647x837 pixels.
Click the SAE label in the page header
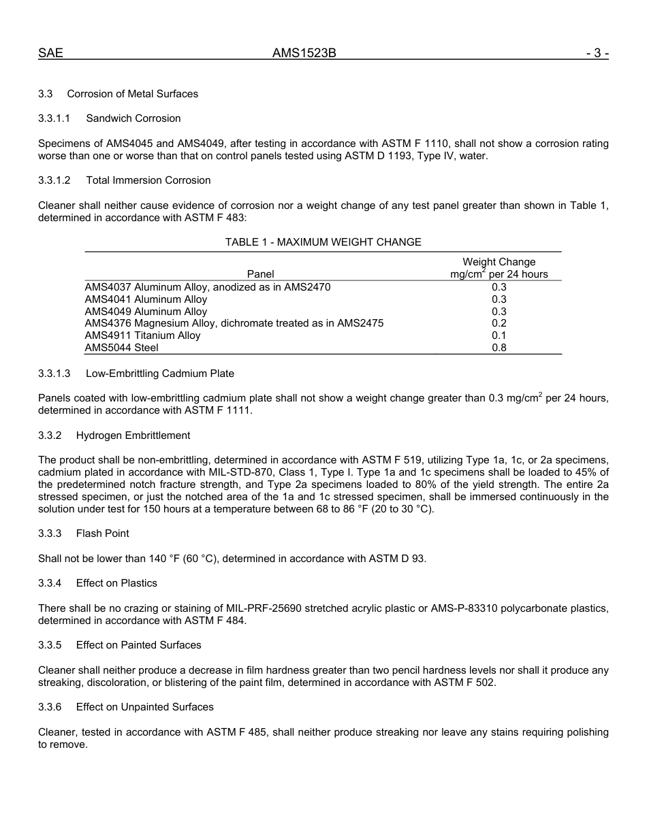coord(50,53)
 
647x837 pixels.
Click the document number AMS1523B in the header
coord(304,53)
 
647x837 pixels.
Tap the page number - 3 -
coord(597,53)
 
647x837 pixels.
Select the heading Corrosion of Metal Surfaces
coord(132,94)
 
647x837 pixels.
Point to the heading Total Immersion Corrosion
coord(148,180)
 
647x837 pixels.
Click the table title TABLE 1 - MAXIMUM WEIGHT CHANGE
coord(323,242)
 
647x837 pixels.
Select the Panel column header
coord(260,274)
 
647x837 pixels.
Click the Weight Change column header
coord(499,262)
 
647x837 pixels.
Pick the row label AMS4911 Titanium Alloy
coord(142,335)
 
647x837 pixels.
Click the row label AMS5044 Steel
coord(121,348)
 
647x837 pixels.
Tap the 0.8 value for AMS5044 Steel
coord(499,348)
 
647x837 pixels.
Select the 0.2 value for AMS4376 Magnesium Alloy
coord(499,323)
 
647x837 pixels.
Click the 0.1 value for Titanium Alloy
coord(499,335)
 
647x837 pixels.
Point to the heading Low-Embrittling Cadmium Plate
coord(159,374)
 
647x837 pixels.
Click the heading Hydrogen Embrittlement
coord(133,436)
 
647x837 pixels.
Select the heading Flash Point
coord(102,534)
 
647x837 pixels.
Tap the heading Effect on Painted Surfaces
coord(138,645)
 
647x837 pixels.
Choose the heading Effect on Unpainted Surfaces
coord(144,707)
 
